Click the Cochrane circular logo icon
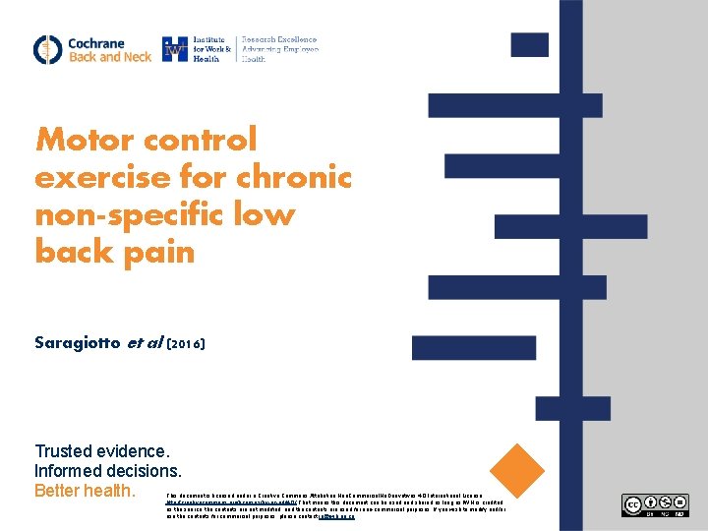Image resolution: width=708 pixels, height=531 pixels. point(47,49)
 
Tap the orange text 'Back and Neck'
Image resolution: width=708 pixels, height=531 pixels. point(109,57)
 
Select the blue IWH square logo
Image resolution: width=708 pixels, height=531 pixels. point(176,49)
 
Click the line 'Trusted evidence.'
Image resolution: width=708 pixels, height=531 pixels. point(102,452)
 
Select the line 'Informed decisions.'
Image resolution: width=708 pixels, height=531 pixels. point(108,471)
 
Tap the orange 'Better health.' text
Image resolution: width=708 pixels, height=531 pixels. point(84,490)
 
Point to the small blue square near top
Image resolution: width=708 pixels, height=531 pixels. point(530,44)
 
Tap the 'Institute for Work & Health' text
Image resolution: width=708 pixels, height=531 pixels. point(212,49)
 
